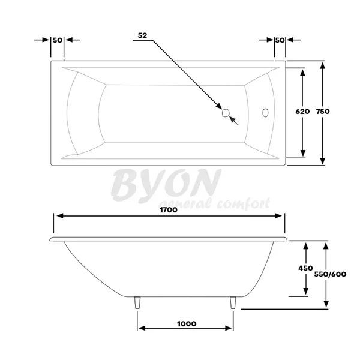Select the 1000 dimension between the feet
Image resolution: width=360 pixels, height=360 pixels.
click(x=187, y=323)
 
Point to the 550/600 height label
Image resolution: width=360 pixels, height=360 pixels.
click(x=331, y=275)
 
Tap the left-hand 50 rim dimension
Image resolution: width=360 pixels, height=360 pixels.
click(x=58, y=40)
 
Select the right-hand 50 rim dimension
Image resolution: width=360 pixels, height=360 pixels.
click(x=279, y=40)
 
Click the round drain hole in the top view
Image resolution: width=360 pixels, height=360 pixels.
click(x=226, y=112)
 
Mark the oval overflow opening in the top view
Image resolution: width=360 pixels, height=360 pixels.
click(x=265, y=112)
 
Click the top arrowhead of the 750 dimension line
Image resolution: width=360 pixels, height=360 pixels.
click(x=323, y=64)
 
